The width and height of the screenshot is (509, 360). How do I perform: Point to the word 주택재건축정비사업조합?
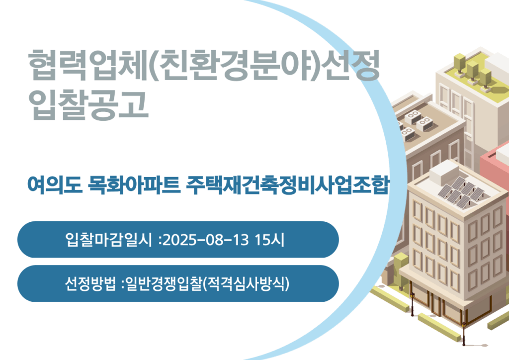[287, 185]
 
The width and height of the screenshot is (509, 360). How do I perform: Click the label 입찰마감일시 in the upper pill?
[108, 240]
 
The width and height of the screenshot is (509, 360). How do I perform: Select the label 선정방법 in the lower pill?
[90, 284]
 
